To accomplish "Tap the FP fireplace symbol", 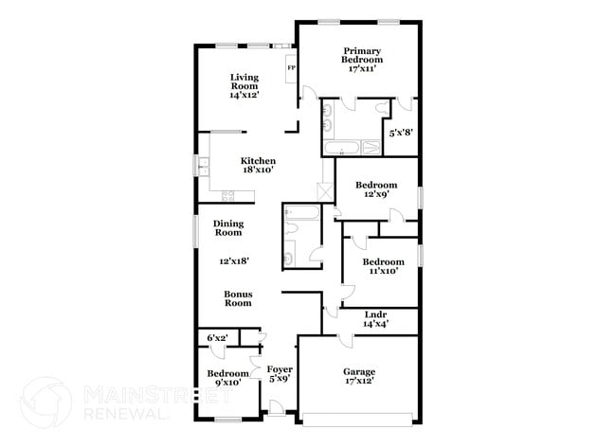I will pos(291,68).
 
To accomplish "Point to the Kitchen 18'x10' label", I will pos(258,166).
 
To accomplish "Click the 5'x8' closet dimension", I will pos(399,132).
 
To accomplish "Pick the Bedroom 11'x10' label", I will pos(383,266).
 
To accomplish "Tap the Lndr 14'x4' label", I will pos(376,318).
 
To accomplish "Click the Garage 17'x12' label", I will pos(359,377).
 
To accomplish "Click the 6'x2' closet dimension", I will pos(217,338).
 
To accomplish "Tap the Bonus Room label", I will pos(238,298).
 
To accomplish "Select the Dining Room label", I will pos(228,227).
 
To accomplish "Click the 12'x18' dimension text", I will pos(231,259).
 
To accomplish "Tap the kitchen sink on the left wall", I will pos(203,166).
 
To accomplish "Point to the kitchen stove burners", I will pos(227,196).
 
